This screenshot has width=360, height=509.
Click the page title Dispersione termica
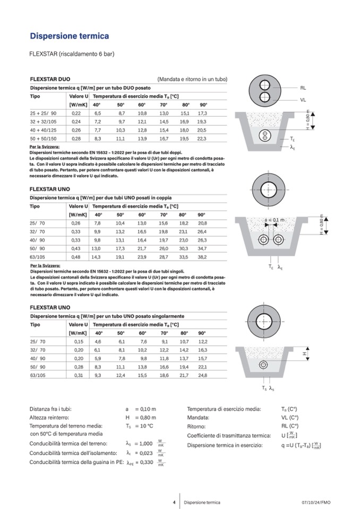(69, 37)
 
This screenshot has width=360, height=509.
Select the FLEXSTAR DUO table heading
(50, 79)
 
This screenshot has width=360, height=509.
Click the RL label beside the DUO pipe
(303, 88)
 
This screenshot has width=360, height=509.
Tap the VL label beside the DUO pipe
(303, 100)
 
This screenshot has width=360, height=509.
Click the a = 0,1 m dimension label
(275, 220)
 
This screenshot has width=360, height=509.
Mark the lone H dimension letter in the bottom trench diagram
(305, 352)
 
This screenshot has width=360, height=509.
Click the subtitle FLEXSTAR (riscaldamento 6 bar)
(72, 54)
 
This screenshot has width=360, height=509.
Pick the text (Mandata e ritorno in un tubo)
(192, 79)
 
